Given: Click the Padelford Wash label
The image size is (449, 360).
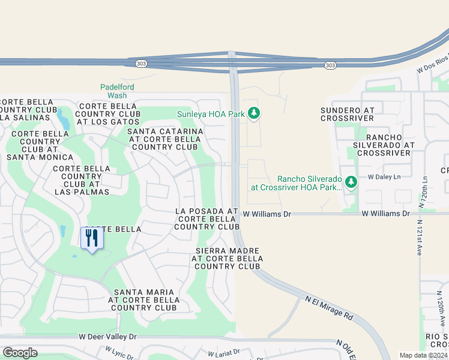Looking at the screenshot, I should (x=117, y=91).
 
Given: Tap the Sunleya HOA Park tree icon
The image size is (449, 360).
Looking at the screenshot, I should (x=253, y=113).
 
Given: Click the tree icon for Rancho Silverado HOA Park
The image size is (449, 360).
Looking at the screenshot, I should (x=351, y=182).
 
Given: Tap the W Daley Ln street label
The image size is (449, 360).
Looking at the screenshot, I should (x=385, y=177).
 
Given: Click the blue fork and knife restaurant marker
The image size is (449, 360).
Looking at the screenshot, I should (x=92, y=239).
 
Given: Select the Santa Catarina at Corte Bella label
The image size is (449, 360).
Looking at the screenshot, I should (x=165, y=139).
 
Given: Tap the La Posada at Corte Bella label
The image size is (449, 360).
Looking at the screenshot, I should (x=207, y=219).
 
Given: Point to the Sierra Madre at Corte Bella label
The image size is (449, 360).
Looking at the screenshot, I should (x=227, y=258).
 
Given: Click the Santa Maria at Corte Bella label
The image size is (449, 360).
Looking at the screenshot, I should (x=142, y=300).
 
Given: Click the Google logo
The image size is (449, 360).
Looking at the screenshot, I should (x=20, y=353).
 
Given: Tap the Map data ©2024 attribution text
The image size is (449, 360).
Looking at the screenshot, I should (x=423, y=355).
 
